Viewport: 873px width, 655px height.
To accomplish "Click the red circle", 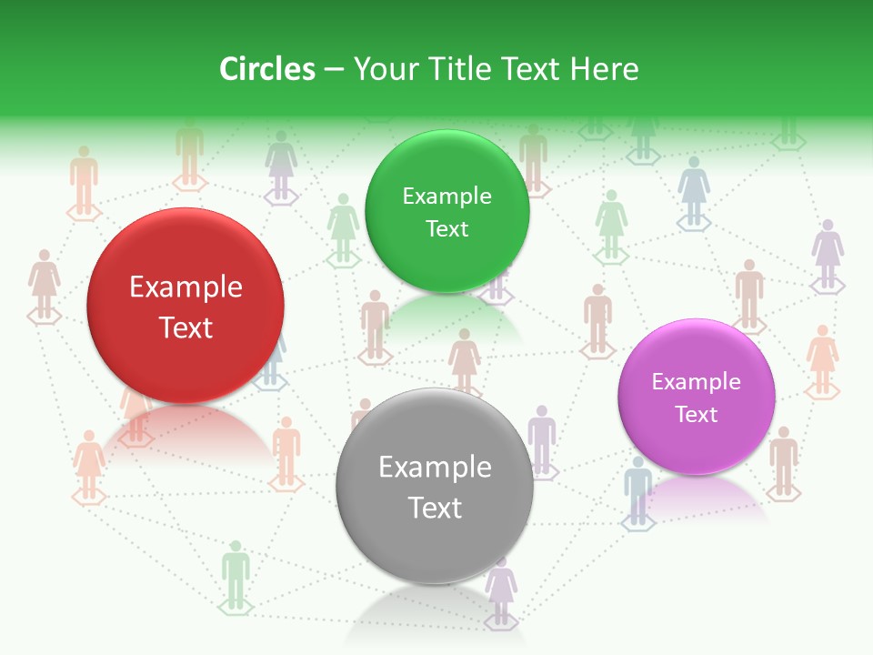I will tap(186, 306).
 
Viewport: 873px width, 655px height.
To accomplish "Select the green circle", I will tap(447, 211).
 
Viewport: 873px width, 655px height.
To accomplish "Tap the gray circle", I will tap(435, 486).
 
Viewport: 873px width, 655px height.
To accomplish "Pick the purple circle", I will tap(697, 397).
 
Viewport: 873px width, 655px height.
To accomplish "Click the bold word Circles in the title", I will tap(267, 69).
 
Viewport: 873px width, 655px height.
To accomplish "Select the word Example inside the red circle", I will tap(186, 287).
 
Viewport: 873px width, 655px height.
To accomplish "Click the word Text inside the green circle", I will tap(447, 228).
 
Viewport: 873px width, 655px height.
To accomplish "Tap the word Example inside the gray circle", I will tap(435, 468).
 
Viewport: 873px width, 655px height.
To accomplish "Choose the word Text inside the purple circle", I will tap(697, 414).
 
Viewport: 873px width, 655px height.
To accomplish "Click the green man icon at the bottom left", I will tap(236, 573).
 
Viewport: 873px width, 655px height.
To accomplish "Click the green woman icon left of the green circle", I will tap(343, 227).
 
